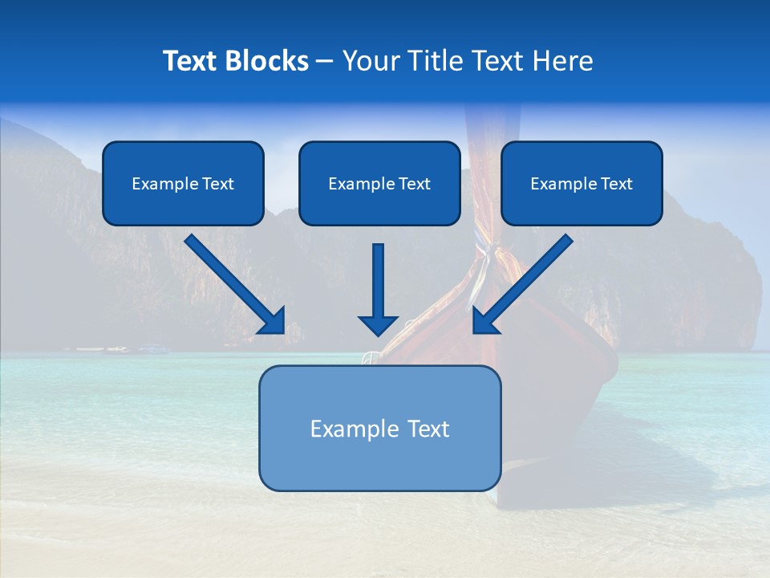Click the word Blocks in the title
pos(269,61)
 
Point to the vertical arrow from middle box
pos(378,281)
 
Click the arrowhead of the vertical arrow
pos(378,324)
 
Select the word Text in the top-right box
pos(616,184)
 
